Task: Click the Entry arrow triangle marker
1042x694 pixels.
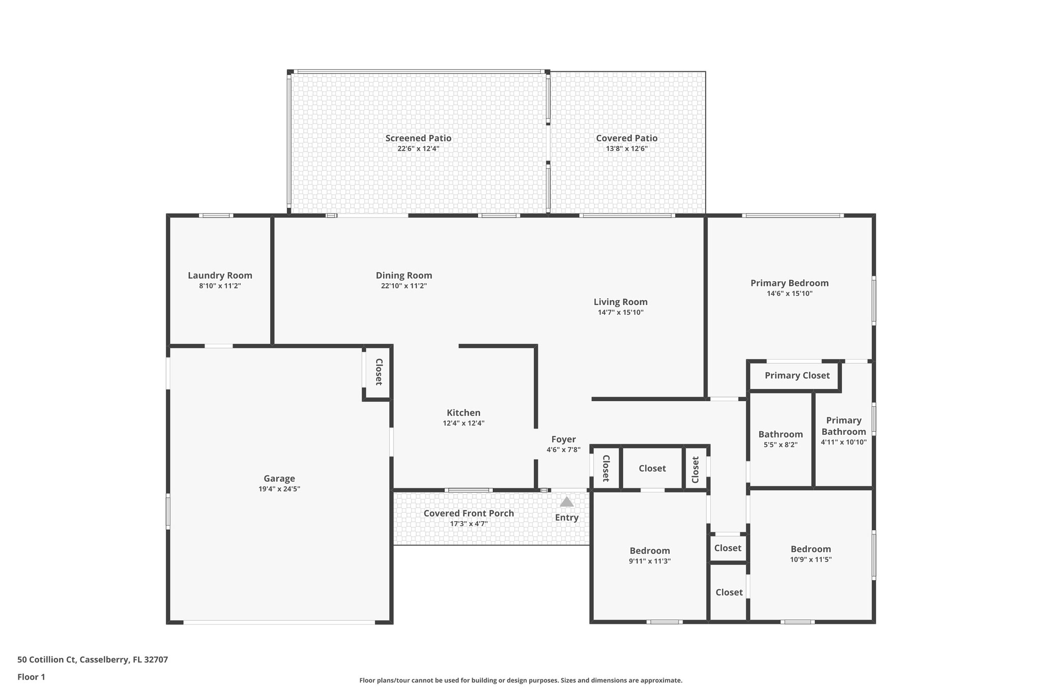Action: (567, 502)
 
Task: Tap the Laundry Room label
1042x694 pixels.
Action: (220, 276)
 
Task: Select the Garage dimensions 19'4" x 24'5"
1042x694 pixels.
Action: (279, 489)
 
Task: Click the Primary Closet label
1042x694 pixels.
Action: (797, 376)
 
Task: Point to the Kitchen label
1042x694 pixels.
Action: (464, 413)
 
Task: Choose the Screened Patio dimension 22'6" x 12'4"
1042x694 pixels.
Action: (418, 149)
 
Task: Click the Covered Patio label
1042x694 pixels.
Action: (627, 138)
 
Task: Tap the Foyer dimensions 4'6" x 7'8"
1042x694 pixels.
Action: (563, 450)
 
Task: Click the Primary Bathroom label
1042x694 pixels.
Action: (844, 426)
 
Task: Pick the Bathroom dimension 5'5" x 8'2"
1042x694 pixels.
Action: (780, 445)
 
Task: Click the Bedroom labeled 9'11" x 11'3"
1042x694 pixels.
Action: (650, 551)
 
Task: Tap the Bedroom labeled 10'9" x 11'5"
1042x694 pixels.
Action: (811, 549)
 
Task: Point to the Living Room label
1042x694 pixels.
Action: (620, 302)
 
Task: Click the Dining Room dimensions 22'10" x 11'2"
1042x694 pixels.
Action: (404, 286)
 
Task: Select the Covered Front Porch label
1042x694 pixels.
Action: (469, 514)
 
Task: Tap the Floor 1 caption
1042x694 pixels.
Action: (32, 677)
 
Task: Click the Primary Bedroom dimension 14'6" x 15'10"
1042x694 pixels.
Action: (790, 294)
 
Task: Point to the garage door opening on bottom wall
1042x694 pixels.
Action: (279, 622)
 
